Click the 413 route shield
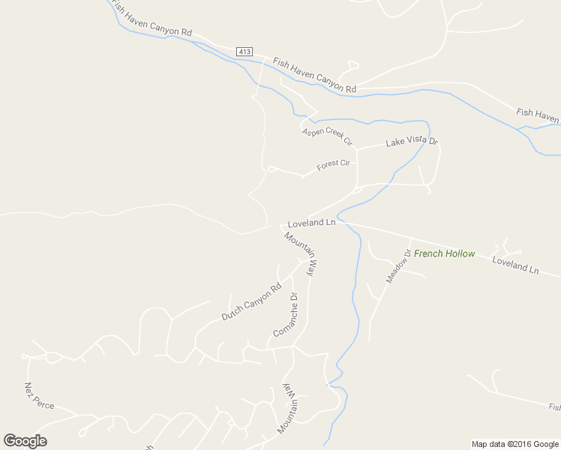click(x=244, y=51)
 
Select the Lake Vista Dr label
click(x=411, y=142)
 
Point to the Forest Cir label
click(x=333, y=164)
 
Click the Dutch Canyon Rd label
click(x=250, y=301)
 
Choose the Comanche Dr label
click(x=285, y=315)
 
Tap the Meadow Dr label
click(x=399, y=265)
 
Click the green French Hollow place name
click(x=444, y=253)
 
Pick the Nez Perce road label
click(x=39, y=395)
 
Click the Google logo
click(x=25, y=441)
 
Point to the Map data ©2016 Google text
click(x=515, y=444)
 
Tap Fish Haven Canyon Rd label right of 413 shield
click(x=313, y=75)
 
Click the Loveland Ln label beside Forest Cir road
click(x=311, y=223)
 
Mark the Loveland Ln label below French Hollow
click(x=515, y=265)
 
